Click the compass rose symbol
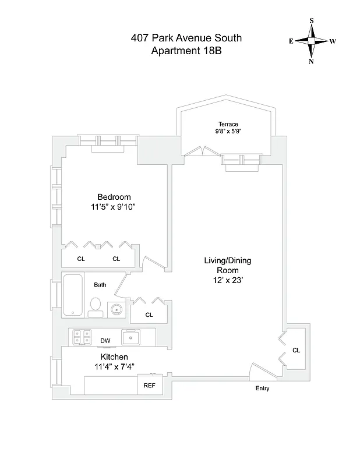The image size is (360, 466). coord(312,41)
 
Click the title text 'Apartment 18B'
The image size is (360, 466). coord(186,51)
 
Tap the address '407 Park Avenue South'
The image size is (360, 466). coord(186,38)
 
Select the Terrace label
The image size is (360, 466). coord(228,124)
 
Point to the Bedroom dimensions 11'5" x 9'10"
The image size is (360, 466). coord(114,207)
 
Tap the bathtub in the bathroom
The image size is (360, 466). coord(73,295)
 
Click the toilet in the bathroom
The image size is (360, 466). coord(96,306)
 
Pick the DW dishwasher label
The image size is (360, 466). coord(105,341)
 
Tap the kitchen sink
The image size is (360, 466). coord(131,336)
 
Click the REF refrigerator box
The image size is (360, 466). coord(146,385)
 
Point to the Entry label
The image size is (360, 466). coord(262,389)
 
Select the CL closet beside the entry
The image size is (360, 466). coord(296,350)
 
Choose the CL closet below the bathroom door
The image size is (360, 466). coord(149,315)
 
